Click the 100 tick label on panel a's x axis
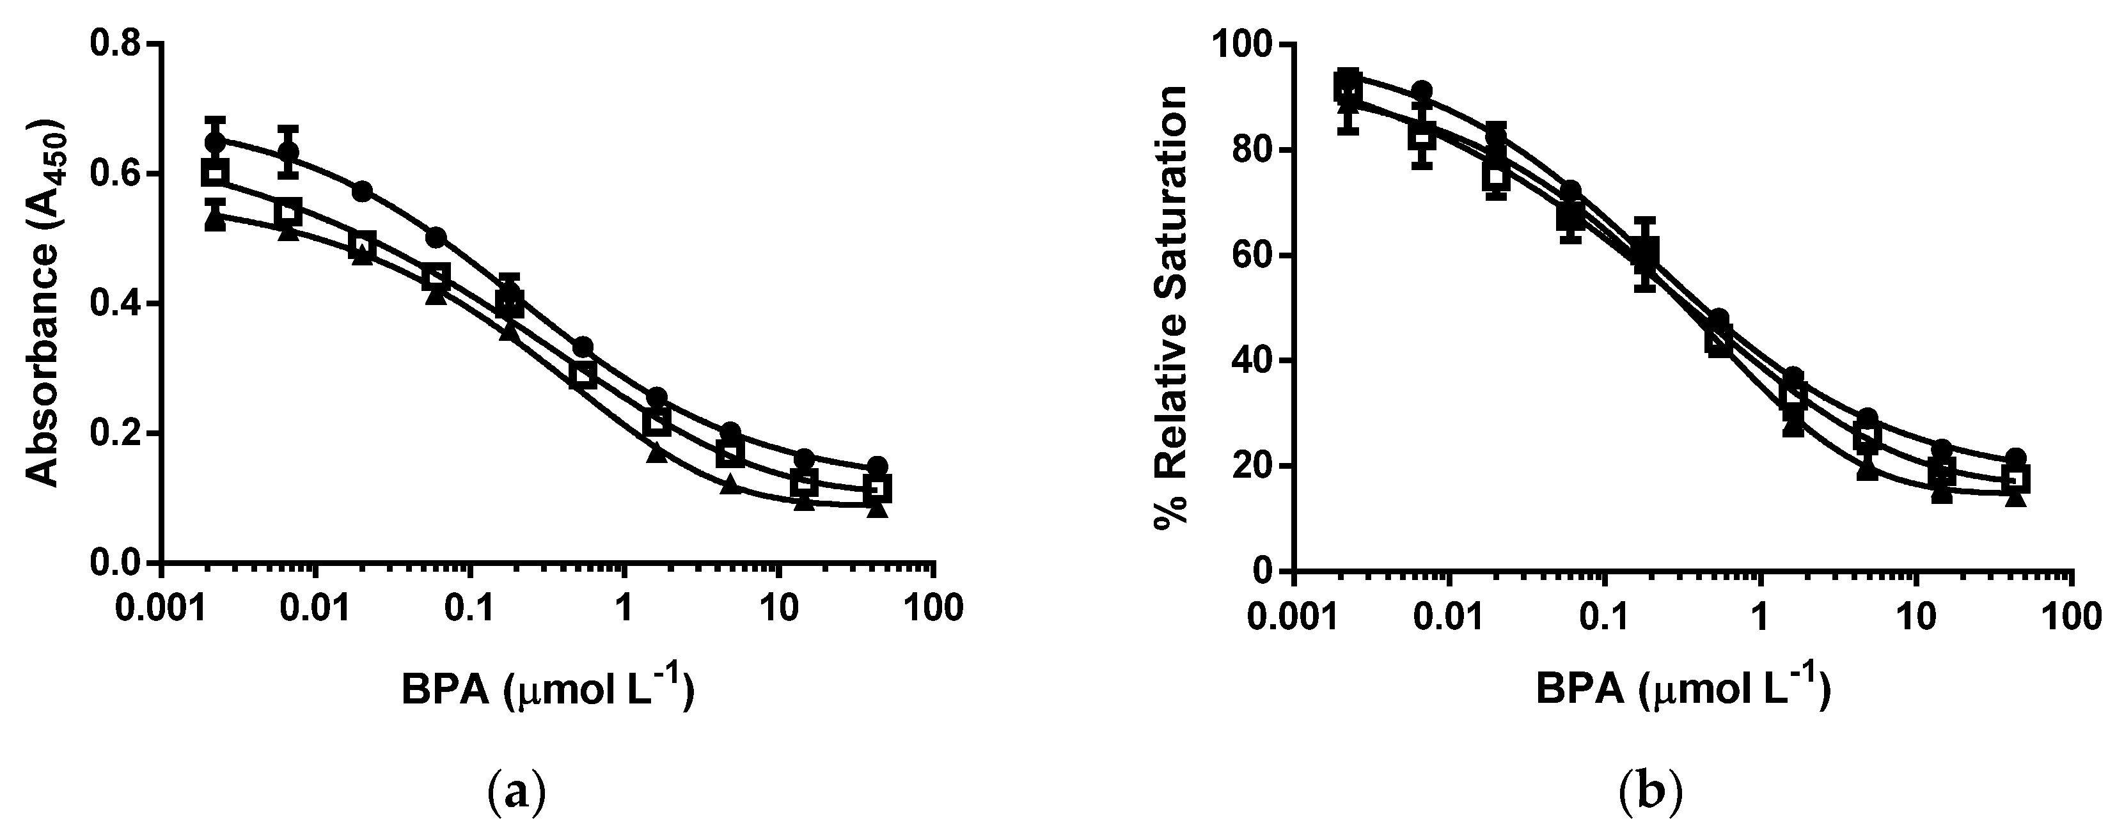[933, 609]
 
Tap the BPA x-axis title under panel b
[1682, 689]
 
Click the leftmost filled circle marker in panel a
[214, 142]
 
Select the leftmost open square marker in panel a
[214, 173]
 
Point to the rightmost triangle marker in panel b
[2015, 498]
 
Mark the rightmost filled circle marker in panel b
[2015, 458]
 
